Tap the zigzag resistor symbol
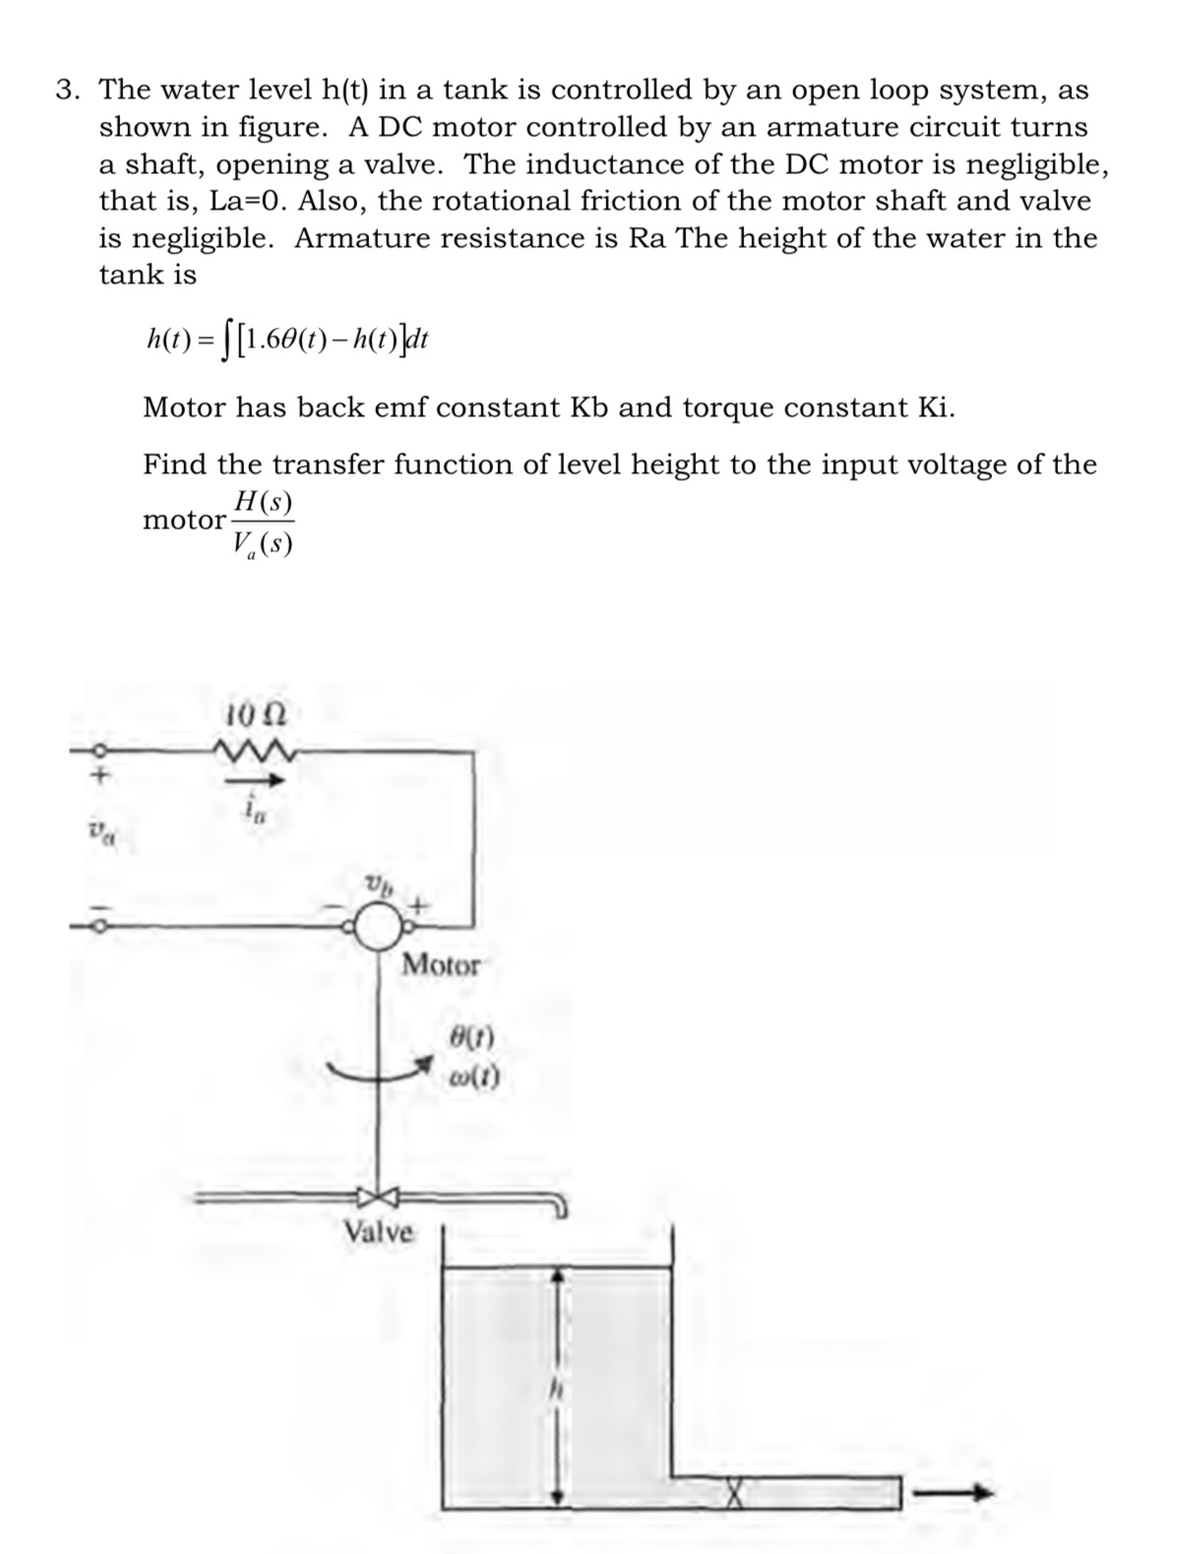tap(253, 753)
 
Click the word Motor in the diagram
tap(441, 965)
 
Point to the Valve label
tap(379, 1231)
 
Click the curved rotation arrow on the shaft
tap(379, 1072)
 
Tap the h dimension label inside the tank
tap(556, 1391)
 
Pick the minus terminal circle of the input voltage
tap(96, 925)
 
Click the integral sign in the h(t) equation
tap(226, 342)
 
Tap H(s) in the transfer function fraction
tap(262, 503)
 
